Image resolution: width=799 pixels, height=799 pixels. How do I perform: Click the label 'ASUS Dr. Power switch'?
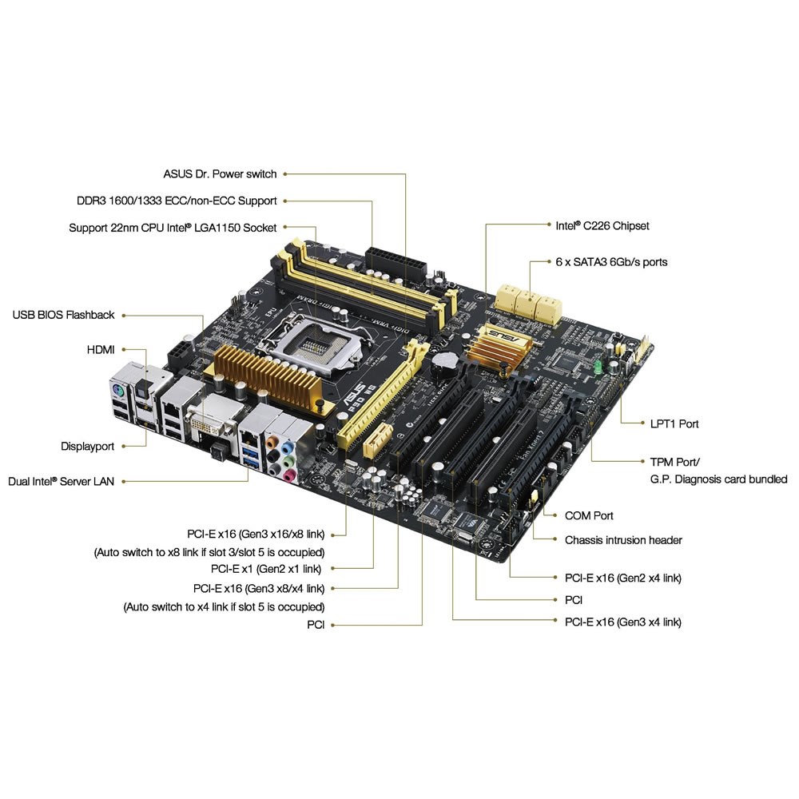(220, 174)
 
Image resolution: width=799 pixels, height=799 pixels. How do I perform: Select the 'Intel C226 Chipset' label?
(602, 226)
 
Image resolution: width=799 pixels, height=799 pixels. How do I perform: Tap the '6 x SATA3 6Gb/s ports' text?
(611, 262)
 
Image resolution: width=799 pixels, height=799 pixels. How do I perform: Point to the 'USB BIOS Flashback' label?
(64, 315)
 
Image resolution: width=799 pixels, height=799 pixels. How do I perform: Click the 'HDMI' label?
(101, 350)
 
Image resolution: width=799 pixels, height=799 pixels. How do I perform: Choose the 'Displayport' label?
(88, 447)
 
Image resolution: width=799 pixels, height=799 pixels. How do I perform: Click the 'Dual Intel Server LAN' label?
(62, 482)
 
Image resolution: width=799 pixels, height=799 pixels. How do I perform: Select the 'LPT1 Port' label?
(674, 424)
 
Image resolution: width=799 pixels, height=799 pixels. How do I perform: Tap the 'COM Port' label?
(589, 515)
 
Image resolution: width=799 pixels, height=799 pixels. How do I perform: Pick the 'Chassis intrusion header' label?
(623, 540)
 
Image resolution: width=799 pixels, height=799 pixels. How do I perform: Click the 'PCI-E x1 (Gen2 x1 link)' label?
(266, 569)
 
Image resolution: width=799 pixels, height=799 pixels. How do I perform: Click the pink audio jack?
(289, 476)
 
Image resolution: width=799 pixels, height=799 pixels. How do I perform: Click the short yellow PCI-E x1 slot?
(378, 440)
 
